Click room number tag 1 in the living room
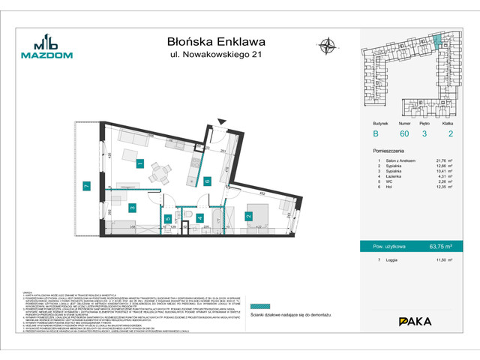139,163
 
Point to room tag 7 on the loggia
86,185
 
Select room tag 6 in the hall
207,181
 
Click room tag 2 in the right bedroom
247,217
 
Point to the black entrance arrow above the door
220,122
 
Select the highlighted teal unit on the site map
438,39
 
